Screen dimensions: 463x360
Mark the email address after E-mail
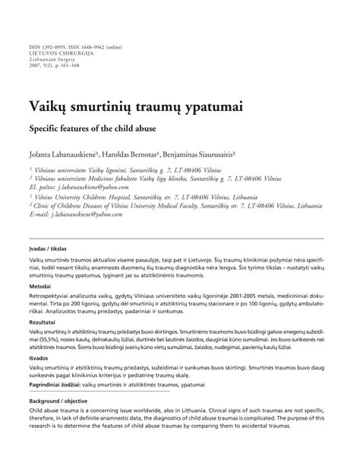tap(89, 215)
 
